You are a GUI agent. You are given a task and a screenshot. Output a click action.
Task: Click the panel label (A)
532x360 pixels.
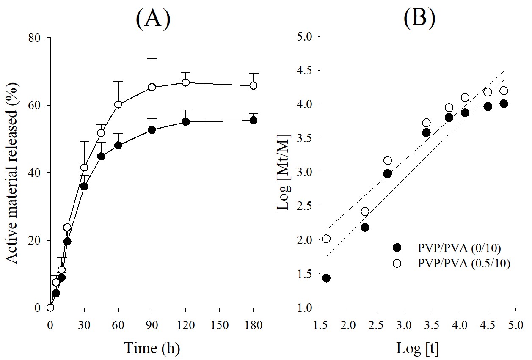coord(153,19)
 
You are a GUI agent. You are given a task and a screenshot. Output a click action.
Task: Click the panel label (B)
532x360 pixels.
coord(419,19)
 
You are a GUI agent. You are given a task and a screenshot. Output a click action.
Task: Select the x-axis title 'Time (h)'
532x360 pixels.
coord(152,348)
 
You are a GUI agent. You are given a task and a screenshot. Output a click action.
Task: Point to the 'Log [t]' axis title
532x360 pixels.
coord(417,348)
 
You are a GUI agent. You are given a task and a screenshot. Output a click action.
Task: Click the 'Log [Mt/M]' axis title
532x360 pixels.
coord(282,173)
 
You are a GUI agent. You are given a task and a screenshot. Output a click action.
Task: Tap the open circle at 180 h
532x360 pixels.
coord(253,85)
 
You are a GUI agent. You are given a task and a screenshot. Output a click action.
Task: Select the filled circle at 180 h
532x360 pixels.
coord(253,120)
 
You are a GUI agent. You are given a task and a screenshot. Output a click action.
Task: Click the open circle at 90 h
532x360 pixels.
coord(152,87)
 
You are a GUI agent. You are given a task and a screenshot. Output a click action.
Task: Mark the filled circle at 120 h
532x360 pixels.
coord(185,122)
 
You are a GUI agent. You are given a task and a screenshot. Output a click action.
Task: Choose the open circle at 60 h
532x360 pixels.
coord(118,104)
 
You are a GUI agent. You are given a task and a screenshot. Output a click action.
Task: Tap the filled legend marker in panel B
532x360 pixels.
coord(397,247)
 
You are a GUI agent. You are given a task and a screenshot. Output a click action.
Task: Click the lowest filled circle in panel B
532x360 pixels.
coord(326,278)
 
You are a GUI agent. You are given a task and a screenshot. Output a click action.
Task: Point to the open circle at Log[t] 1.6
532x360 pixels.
coord(326,239)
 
